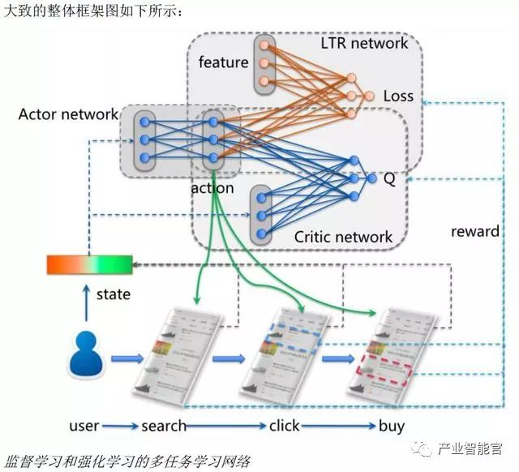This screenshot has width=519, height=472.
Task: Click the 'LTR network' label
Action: (x=364, y=42)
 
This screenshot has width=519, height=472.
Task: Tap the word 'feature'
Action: (x=223, y=62)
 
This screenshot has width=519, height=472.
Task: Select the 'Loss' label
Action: (x=398, y=96)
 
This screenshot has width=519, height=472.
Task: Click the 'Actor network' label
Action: (x=68, y=114)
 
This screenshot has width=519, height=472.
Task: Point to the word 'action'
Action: (x=212, y=188)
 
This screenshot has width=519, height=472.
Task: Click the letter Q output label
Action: (x=390, y=179)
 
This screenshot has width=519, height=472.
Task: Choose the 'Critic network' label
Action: (x=343, y=237)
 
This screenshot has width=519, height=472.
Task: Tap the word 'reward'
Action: (x=475, y=231)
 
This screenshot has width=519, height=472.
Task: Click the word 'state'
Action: (x=113, y=294)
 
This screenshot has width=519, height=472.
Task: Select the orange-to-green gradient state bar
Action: (x=88, y=264)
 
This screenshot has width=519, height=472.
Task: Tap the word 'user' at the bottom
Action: (x=84, y=426)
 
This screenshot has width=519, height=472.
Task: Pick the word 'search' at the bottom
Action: (x=164, y=426)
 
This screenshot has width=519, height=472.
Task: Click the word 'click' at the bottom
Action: (x=284, y=426)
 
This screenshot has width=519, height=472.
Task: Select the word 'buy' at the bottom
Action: (x=392, y=426)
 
